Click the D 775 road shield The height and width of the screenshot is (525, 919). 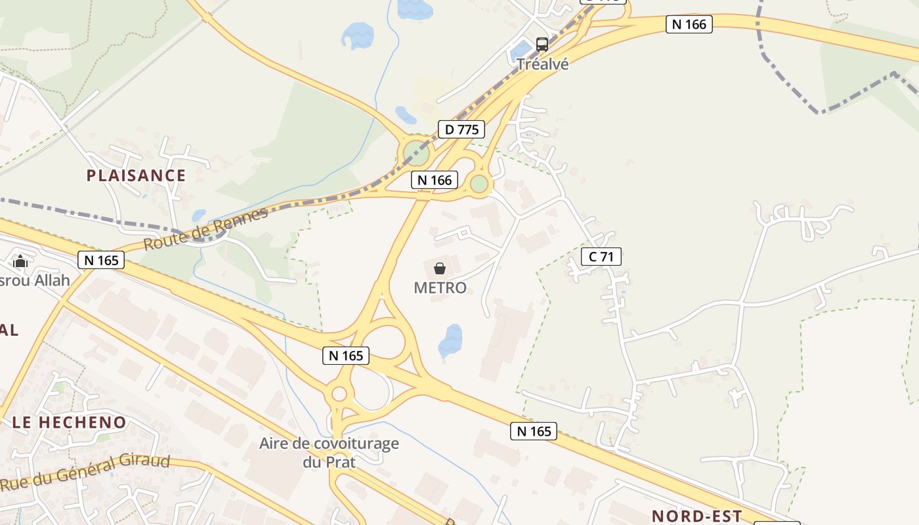coord(461,129)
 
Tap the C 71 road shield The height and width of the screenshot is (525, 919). coord(601,257)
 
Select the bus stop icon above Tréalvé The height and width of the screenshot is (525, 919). coord(542,45)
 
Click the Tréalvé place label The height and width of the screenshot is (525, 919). coord(542,64)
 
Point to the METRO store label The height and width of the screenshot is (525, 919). coord(440,287)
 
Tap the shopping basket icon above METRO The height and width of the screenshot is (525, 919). coord(440,268)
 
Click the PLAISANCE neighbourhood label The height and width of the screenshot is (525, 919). coord(137,175)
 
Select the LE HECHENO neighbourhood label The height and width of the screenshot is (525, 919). coord(69,423)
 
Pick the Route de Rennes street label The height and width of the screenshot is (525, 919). coord(206,228)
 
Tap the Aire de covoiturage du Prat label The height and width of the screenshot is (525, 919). coord(329,452)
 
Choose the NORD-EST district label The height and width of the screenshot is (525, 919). coord(696,516)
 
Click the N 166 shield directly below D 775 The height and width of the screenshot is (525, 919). coord(434,180)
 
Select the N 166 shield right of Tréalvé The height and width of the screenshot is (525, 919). coord(689,24)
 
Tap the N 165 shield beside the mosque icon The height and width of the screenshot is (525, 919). coord(101,260)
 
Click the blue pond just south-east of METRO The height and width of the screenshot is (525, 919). coord(450,341)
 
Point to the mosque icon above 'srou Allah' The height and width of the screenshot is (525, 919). coord(20,261)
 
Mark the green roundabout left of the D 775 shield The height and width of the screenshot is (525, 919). coord(416,154)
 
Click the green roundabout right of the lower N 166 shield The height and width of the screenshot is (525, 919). coord(480,184)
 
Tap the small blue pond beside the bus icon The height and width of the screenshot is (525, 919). coord(522,49)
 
